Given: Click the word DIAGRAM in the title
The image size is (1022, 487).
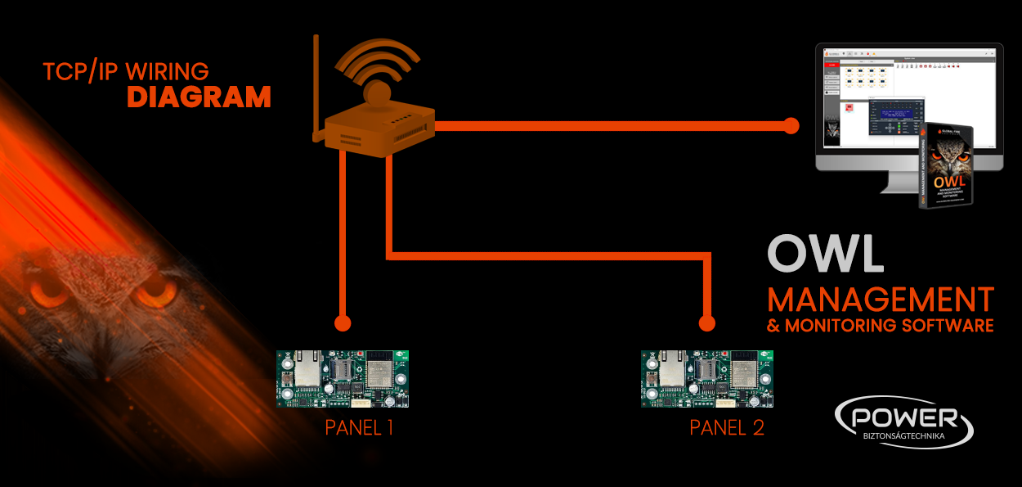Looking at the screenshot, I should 199,97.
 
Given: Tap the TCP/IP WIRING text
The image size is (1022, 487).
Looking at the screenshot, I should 126,71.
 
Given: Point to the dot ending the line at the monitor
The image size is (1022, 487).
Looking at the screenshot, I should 791,125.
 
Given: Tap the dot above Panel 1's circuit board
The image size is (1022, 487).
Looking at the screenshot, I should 343,322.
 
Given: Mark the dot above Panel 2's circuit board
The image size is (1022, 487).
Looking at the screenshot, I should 707,322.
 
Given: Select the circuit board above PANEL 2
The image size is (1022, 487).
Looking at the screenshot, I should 706,379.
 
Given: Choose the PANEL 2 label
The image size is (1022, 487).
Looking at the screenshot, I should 727,427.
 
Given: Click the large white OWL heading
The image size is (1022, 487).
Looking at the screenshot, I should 826,255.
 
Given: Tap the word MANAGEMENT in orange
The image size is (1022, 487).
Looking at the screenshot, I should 880,299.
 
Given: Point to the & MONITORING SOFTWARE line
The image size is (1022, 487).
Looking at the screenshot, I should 880,326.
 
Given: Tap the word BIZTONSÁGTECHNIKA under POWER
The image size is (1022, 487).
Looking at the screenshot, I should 903,436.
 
